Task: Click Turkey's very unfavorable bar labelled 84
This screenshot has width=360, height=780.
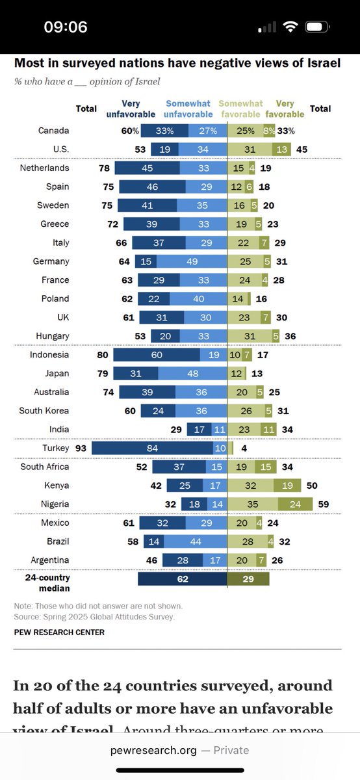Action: pos(153,448)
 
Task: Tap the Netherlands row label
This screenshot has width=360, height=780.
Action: pos(45,168)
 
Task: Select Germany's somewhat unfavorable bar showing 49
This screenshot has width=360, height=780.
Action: pos(192,261)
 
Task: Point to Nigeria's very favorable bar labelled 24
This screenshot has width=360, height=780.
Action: pos(295,504)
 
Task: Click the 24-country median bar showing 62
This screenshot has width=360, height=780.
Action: pos(183,578)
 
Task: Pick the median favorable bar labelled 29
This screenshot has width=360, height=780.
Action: pos(248,578)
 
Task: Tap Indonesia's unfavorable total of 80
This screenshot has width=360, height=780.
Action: pos(103,355)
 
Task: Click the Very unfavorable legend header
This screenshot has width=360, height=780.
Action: pos(131,109)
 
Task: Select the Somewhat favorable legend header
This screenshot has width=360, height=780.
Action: pos(240,109)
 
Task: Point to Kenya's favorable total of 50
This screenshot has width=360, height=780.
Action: pos(312,486)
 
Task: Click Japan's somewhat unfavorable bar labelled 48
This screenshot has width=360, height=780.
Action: pos(192,374)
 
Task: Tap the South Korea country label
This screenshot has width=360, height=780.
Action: pos(44,411)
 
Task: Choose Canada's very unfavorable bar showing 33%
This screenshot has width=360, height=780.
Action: pos(164,131)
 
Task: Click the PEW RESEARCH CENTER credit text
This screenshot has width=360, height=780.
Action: pos(59,632)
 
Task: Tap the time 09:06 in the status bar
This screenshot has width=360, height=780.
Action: pos(66,27)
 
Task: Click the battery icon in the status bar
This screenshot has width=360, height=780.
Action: pos(317,27)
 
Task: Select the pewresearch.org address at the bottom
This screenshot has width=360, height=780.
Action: pos(153,750)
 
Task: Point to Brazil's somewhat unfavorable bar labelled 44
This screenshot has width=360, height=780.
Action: pos(196,541)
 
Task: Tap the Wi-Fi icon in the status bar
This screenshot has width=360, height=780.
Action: pos(290,27)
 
